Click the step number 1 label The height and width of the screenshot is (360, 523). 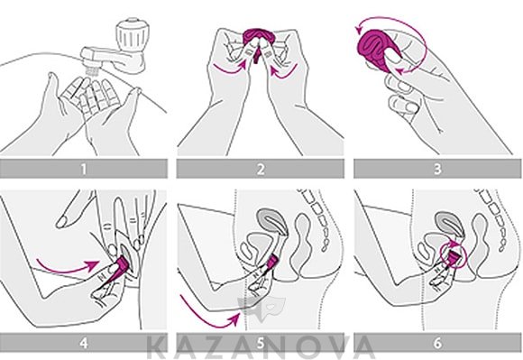coord(83,169)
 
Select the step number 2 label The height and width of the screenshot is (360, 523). coord(261,169)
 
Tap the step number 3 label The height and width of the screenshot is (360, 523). coord(437,169)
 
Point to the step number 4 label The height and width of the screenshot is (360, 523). coord(83,343)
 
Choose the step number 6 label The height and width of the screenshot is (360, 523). coord(437,343)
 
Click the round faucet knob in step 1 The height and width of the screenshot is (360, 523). coord(130,33)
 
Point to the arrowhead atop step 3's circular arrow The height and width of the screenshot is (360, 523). coord(359,30)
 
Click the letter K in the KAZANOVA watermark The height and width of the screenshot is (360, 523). coord(157,347)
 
